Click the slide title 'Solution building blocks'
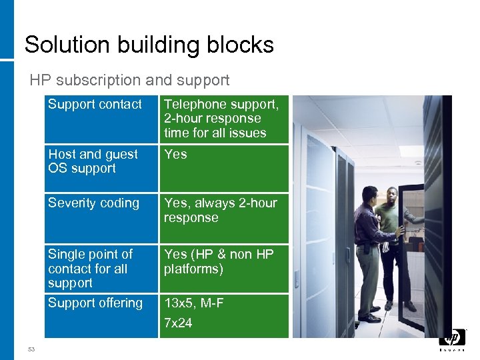pos(149,45)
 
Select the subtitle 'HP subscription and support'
pos(129,81)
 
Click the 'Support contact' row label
pos(95,105)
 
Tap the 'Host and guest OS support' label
pos(93,161)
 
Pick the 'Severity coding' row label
pos(93,203)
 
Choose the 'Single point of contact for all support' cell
pos(90,269)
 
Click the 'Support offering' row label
pos(95,303)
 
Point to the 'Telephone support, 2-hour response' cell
pos(221,119)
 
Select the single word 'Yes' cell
pos(175,155)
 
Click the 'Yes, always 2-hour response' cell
pos(220,210)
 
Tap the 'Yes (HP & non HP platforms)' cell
pos(219,261)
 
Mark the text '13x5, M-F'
pos(194,303)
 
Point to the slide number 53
pos(31,349)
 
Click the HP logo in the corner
pos(452,339)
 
